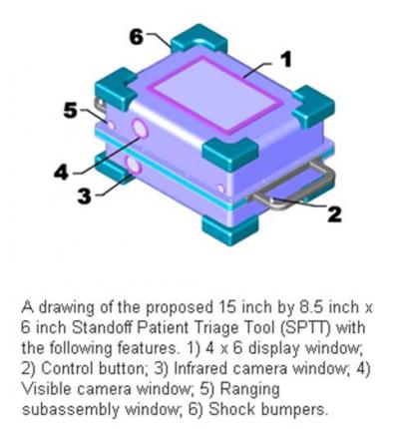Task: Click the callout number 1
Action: [x=285, y=60]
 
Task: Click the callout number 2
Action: [x=335, y=212]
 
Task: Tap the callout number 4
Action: [x=62, y=171]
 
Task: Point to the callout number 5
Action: [x=70, y=111]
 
